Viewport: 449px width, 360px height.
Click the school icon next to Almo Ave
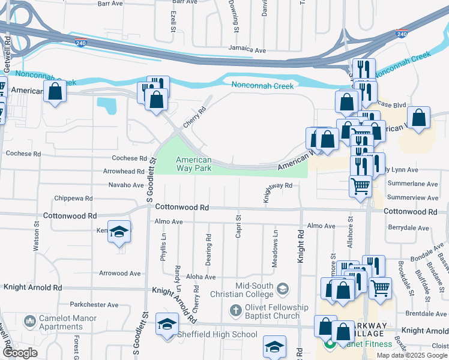pos(119,232)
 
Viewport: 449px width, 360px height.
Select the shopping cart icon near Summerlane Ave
pos(360,185)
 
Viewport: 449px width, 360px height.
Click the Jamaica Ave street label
pos(247,50)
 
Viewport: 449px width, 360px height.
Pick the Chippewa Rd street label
pos(73,198)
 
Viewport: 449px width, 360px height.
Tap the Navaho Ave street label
pos(126,185)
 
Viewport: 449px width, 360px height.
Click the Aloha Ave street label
pos(200,277)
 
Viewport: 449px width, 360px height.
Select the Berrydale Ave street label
pos(409,228)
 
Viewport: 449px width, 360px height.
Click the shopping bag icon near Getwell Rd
pos(55,92)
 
